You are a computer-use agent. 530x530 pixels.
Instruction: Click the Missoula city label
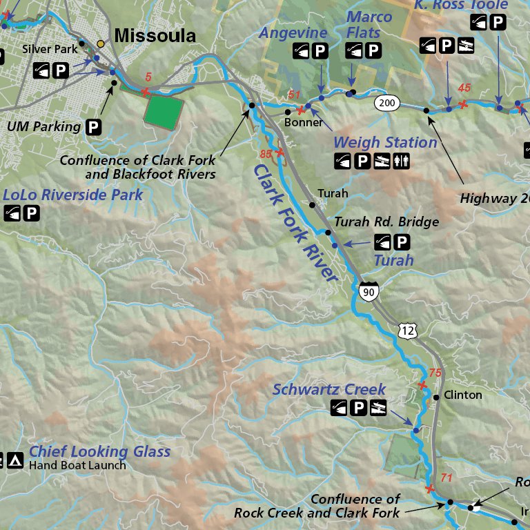coord(155,36)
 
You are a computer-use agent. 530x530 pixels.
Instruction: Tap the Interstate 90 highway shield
coord(369,293)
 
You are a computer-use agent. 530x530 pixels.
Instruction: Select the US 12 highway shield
coord(408,331)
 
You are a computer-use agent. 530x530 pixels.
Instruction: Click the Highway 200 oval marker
coord(388,104)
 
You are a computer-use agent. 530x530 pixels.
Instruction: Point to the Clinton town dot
coord(436,397)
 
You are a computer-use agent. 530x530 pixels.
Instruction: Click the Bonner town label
coord(304,123)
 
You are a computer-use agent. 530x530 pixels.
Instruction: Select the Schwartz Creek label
coord(329,389)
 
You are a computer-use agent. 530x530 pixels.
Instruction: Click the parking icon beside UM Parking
coord(93,127)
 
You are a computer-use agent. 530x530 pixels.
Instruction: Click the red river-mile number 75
coord(435,373)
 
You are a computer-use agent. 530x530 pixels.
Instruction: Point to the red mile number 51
coord(295,95)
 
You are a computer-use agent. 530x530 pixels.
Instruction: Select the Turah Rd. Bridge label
coord(386,222)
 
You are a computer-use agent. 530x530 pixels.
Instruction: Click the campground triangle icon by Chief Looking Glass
coord(16,459)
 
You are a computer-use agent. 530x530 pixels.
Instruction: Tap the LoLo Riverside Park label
coord(72,195)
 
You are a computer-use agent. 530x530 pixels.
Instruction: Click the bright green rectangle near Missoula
coord(165,110)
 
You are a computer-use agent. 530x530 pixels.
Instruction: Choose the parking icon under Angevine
coord(320,50)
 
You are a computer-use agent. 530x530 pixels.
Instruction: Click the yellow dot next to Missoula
coord(101,44)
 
